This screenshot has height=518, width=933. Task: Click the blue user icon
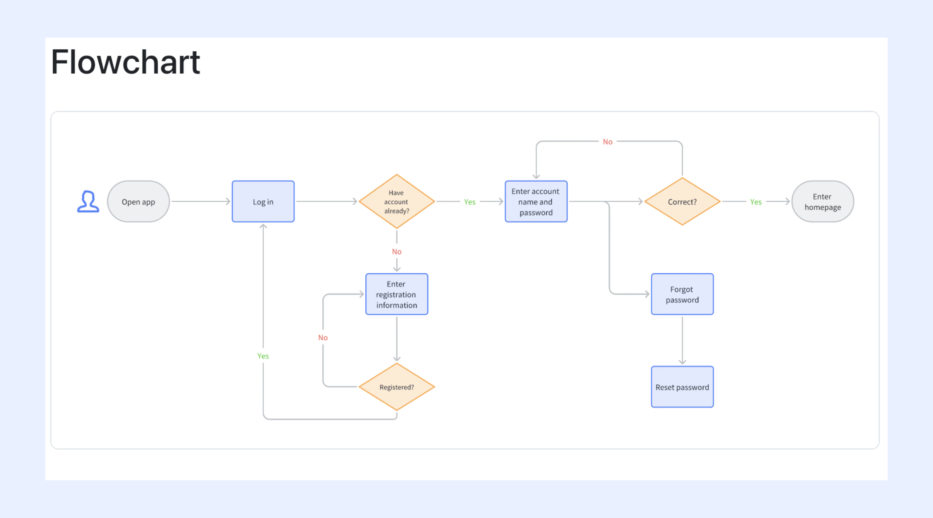pos(88,202)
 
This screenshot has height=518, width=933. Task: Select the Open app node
pos(138,202)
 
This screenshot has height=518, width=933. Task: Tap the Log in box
pos(263,202)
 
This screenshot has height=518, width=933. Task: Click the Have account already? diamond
pos(397,202)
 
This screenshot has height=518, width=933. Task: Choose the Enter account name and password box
pos(536,202)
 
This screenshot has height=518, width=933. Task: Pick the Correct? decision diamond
pos(682,202)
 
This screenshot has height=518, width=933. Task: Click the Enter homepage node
pos(822,202)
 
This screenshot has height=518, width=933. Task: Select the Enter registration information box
pos(397,294)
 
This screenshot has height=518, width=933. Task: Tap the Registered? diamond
pos(397,387)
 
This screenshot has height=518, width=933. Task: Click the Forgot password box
pos(682,294)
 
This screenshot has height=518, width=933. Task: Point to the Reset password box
pos(682,387)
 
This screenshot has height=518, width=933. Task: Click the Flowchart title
pos(125,62)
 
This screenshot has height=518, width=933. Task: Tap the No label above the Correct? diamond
pos(608,142)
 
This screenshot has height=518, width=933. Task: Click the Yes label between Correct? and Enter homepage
pos(756,202)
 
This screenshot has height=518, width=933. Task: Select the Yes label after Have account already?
pos(470,202)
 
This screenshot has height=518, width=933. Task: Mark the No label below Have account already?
pos(397,252)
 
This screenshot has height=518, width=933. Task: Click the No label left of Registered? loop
pos(323,338)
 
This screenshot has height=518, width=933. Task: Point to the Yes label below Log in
pos(263,356)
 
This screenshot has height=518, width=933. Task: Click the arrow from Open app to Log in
pos(201,202)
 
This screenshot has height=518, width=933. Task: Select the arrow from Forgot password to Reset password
pos(682,341)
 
